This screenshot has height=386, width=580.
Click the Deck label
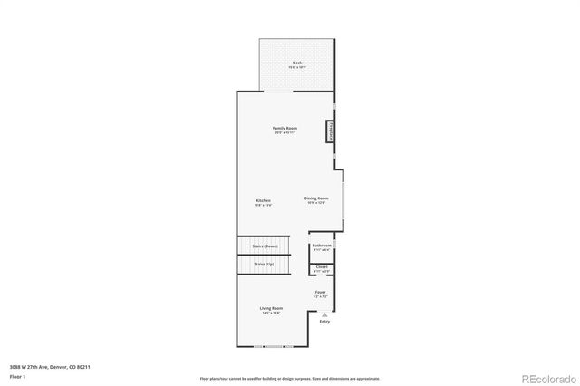[297, 63]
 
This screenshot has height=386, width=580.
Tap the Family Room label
[285, 128]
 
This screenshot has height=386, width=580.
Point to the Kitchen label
[263, 200]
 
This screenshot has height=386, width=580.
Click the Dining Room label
[316, 198]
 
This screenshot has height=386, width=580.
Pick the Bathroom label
[322, 245]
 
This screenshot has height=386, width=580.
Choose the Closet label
[322, 266]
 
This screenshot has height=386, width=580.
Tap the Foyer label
[320, 292]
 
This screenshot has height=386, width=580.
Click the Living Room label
[272, 308]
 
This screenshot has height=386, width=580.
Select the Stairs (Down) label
[265, 246]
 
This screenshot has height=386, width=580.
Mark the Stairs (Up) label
[265, 264]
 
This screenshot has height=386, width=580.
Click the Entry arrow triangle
[324, 314]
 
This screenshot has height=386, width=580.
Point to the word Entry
[324, 322]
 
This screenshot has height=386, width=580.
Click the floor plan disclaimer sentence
[290, 377]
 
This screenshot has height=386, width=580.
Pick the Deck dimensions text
[297, 67]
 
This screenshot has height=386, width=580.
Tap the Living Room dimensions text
[272, 313]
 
